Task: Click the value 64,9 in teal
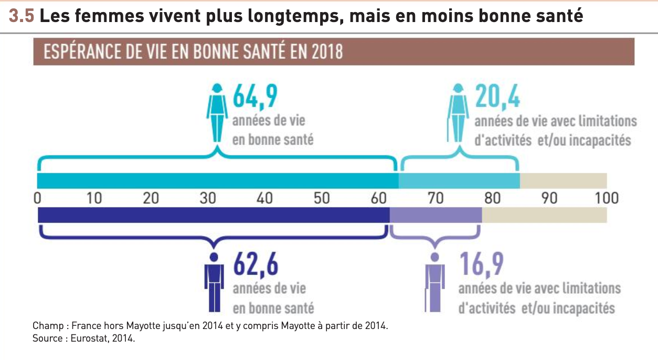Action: [x=254, y=98]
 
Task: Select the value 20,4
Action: [x=497, y=98]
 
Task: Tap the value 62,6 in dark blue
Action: [x=256, y=266]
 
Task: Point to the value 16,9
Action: [x=481, y=266]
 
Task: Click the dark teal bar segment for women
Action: [x=218, y=181]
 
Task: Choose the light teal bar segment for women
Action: [x=459, y=181]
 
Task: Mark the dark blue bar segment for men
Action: [x=214, y=215]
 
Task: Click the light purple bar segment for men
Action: [x=436, y=215]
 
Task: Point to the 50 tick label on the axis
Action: [x=322, y=198]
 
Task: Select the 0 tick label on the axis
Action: [x=37, y=198]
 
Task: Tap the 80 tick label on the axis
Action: [x=492, y=198]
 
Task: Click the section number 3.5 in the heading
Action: [x=22, y=16]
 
